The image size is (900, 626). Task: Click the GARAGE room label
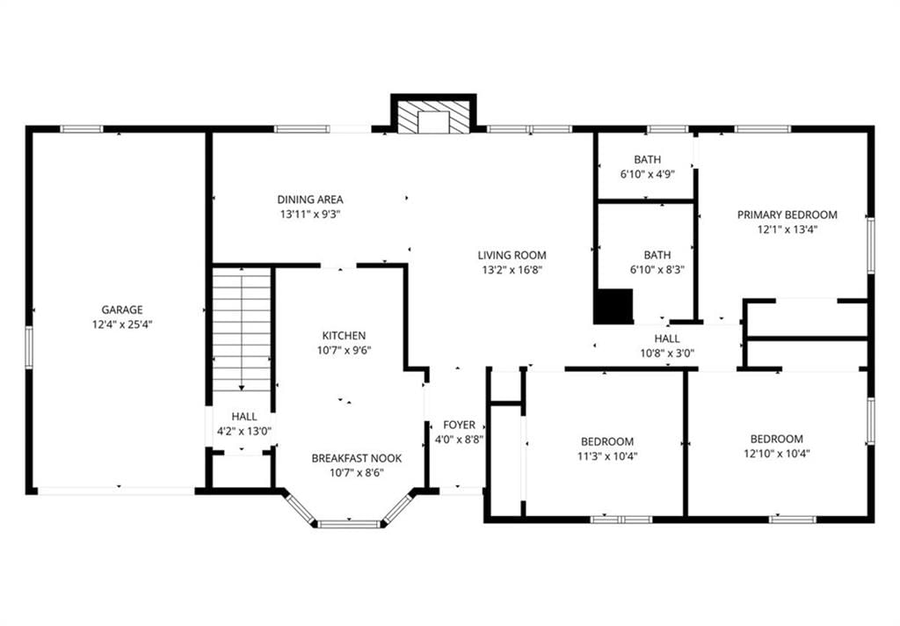[x=122, y=310]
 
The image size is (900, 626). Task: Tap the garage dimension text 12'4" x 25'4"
[x=122, y=324]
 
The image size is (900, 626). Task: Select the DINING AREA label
[x=310, y=200]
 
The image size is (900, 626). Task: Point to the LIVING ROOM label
[x=512, y=255]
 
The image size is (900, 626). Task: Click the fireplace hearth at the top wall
[x=433, y=119]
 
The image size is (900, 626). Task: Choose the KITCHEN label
[x=344, y=335]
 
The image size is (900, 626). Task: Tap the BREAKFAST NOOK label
[x=357, y=458]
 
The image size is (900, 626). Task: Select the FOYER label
[x=459, y=425]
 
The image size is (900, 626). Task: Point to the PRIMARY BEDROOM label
[x=787, y=215]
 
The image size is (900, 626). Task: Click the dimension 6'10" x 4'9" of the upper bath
[x=647, y=174]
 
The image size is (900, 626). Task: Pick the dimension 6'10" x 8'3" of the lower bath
[x=657, y=269]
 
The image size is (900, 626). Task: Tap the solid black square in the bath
[x=613, y=306]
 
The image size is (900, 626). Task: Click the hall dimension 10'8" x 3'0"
[x=667, y=353]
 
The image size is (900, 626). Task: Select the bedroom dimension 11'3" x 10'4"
[x=607, y=456]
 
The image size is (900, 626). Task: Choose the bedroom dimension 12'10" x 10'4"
[x=777, y=453]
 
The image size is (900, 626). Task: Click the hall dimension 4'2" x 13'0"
[x=244, y=431]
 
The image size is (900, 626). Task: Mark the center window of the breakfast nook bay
[x=349, y=524]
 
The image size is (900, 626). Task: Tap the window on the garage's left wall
[x=29, y=346]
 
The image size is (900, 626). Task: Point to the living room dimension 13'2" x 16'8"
[x=512, y=269]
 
